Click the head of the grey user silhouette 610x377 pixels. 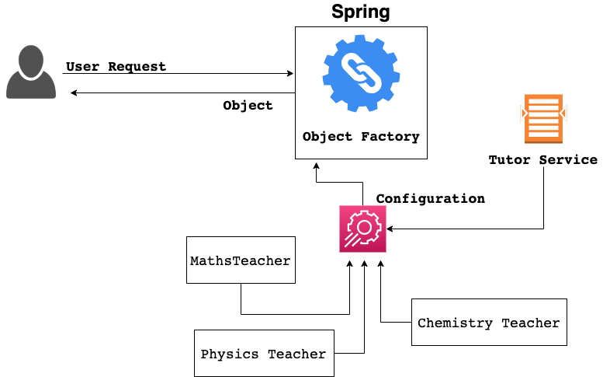[31, 61]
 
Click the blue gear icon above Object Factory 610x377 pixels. [361, 73]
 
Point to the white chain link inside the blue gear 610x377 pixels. [361, 73]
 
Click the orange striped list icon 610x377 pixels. [543, 118]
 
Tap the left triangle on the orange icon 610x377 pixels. [523, 113]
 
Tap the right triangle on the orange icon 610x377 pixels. [564, 113]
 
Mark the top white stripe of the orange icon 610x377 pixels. [543, 102]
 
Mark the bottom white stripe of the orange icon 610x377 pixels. [543, 134]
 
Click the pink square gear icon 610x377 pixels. [362, 229]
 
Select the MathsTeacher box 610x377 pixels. [241, 260]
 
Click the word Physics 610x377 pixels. [230, 354]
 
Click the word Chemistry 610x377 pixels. [455, 323]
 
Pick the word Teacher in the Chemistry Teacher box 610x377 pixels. [530, 323]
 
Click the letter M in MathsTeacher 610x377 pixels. [194, 261]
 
